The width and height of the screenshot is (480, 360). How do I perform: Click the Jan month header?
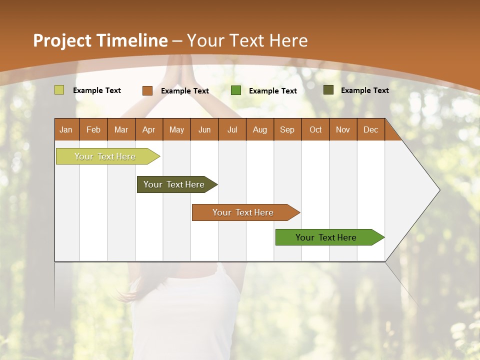pyautogui.click(x=66, y=129)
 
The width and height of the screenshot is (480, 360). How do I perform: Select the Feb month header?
pyautogui.click(x=93, y=129)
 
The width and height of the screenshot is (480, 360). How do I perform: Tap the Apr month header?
pyautogui.click(x=148, y=129)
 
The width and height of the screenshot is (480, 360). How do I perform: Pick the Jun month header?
pyautogui.click(x=204, y=129)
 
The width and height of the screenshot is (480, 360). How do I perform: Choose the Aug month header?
pyautogui.click(x=259, y=129)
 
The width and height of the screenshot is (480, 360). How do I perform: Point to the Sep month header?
pyautogui.click(x=287, y=129)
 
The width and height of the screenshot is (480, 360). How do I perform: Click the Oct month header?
pyautogui.click(x=315, y=129)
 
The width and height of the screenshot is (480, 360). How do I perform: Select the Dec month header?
pyautogui.click(x=370, y=129)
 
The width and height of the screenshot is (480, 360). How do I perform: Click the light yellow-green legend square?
pyautogui.click(x=59, y=90)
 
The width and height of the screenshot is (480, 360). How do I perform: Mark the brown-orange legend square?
pyautogui.click(x=147, y=90)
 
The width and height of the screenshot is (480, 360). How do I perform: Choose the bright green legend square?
pyautogui.click(x=236, y=90)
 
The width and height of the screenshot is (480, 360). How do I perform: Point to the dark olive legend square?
pyautogui.click(x=328, y=90)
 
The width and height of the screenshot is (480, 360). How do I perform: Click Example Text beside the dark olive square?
pyautogui.click(x=364, y=90)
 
